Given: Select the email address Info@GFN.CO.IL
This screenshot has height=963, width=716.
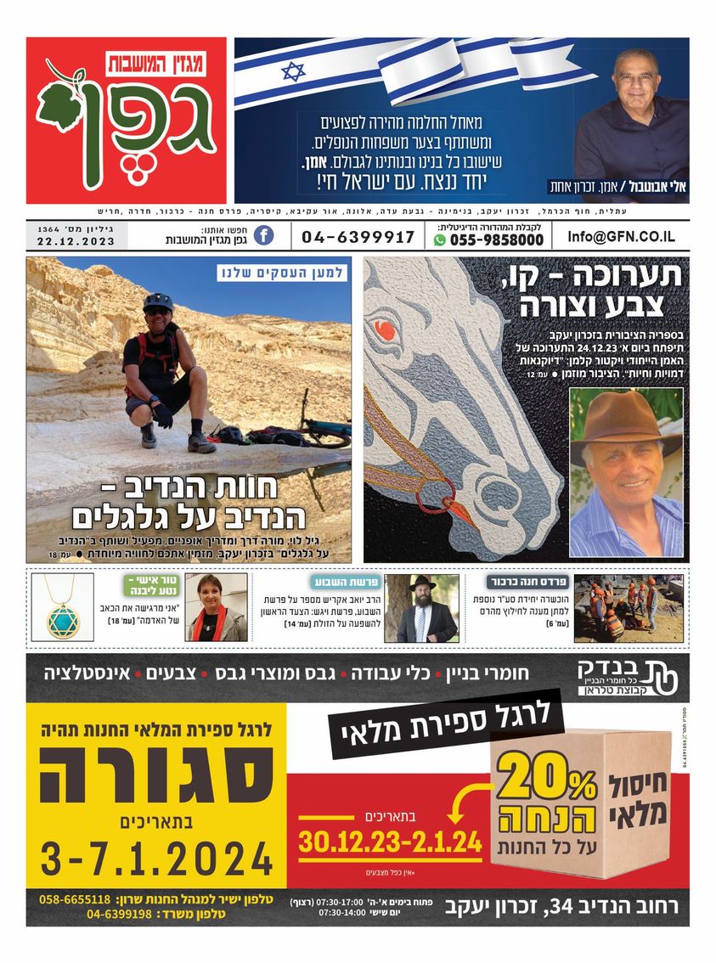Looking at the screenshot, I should [x=623, y=237].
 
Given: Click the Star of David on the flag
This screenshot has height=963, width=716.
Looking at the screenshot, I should [x=293, y=71].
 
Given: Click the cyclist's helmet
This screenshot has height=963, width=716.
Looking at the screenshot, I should [x=158, y=301].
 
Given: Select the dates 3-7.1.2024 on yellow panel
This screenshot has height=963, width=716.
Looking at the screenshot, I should [x=157, y=858].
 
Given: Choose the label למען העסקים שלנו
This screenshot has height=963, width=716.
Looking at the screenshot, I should [x=281, y=273].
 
